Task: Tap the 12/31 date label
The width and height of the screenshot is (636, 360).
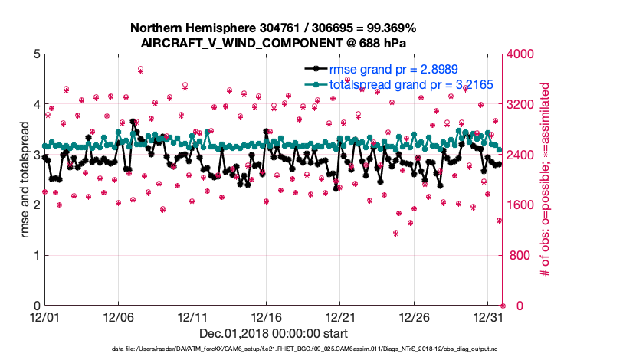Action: click(x=488, y=316)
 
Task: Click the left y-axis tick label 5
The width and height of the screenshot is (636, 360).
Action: click(x=36, y=54)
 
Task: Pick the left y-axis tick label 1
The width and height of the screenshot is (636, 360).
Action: click(x=36, y=255)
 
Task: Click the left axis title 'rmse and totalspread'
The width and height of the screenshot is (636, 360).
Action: click(x=25, y=179)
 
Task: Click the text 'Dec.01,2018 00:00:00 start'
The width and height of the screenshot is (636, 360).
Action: click(x=273, y=333)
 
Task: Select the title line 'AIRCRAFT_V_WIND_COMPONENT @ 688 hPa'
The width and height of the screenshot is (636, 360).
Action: click(x=274, y=44)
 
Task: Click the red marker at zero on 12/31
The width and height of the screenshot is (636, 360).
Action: click(x=503, y=306)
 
